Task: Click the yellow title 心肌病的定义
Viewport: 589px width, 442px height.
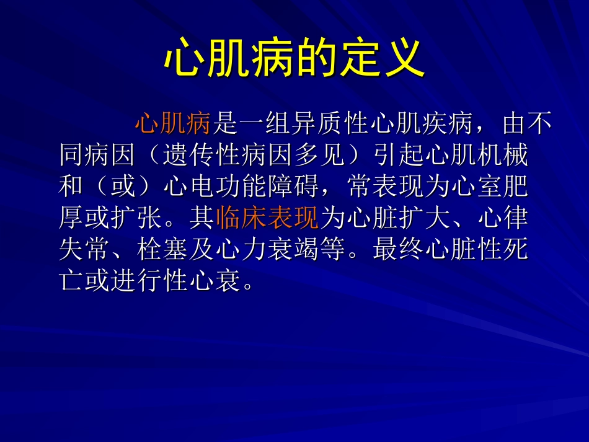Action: (x=294, y=59)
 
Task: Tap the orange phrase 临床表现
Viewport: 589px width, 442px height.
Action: (x=268, y=218)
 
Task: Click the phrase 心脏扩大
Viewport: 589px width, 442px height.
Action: (x=385, y=218)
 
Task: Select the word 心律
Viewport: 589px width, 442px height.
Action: (x=503, y=218)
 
